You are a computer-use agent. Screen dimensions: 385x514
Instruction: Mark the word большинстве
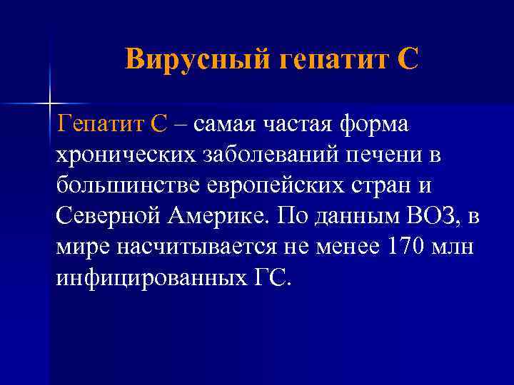pos(127,185)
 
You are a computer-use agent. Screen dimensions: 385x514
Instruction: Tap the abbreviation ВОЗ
pos(436,216)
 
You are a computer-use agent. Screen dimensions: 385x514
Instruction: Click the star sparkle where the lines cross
pos(49,103)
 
